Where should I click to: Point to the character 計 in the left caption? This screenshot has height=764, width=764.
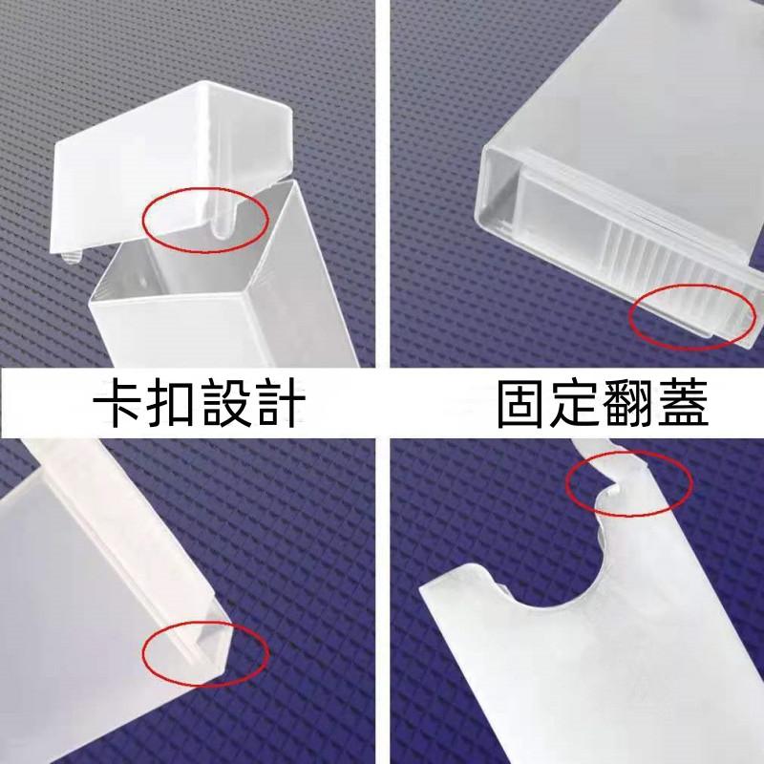[x=280, y=403]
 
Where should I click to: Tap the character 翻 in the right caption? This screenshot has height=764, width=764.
[x=629, y=403]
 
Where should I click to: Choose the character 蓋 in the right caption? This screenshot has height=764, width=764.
[x=682, y=403]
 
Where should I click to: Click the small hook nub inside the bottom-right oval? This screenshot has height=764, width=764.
[x=615, y=488]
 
